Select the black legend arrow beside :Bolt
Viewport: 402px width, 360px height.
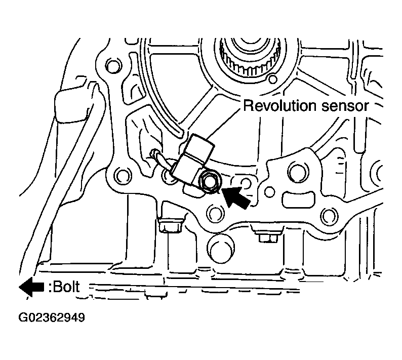click(31, 287)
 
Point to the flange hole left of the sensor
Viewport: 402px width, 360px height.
click(121, 176)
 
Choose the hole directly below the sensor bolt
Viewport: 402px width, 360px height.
click(216, 213)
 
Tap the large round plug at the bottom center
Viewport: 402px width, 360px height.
click(221, 249)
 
